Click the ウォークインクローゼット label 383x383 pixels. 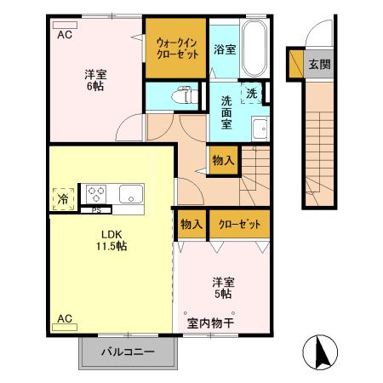(178, 46)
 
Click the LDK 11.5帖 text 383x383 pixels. (110, 239)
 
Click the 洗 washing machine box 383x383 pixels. (253, 92)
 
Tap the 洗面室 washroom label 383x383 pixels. (226, 111)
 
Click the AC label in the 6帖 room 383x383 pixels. (65, 35)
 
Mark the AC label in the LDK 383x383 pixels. (65, 319)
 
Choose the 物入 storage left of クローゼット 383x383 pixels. (191, 224)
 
